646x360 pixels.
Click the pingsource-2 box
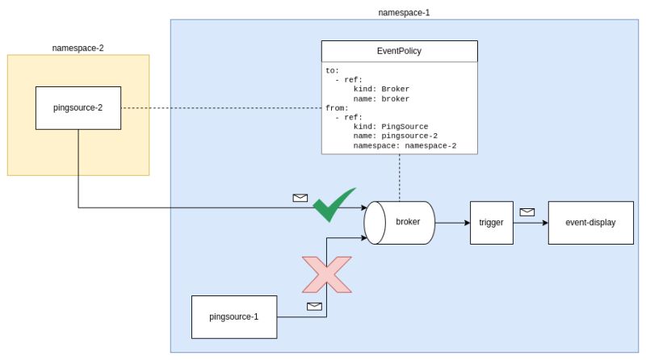point(78,108)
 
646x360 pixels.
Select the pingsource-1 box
point(234,316)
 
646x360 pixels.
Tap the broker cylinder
point(401,221)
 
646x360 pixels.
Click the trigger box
point(491,221)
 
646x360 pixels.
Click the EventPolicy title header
point(400,52)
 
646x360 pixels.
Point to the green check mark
point(333,205)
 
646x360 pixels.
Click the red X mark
point(326,274)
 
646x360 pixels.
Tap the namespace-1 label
point(402,12)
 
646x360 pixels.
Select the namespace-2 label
point(78,48)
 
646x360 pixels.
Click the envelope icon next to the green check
point(300,197)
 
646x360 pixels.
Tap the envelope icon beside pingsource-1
point(314,306)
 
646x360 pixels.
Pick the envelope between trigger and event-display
point(527,211)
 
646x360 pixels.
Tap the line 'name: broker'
point(381,98)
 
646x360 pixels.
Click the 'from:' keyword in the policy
point(335,108)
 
